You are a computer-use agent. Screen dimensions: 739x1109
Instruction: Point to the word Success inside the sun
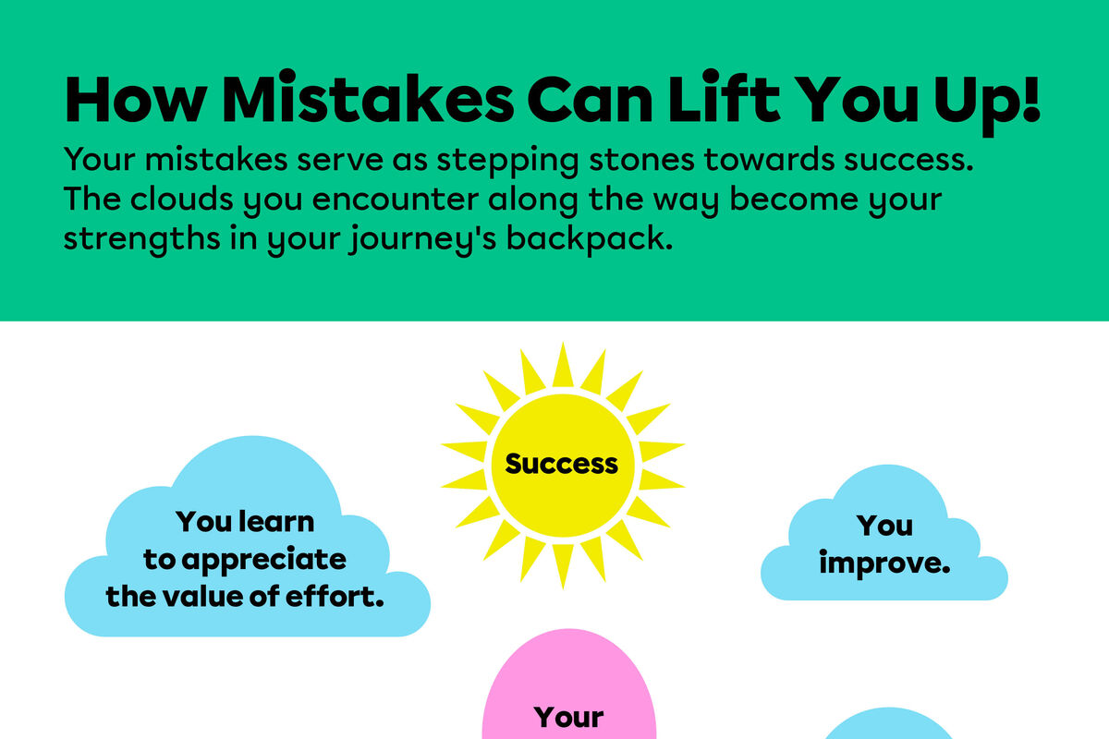point(562,463)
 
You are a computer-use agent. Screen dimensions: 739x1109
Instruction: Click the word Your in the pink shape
point(569,717)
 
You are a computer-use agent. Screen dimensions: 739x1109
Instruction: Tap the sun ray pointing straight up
point(562,365)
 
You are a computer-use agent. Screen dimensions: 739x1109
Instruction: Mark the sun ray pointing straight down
point(562,564)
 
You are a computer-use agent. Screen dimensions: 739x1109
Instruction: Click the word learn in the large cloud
point(276,522)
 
